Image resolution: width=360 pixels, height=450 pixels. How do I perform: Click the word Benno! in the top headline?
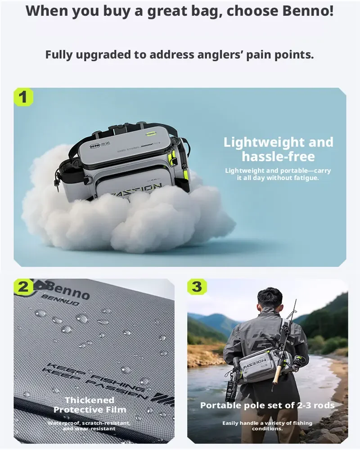tap(308, 11)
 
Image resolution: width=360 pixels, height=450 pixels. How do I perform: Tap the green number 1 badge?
tap(23, 97)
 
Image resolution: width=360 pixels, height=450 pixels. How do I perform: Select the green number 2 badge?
tap(23, 287)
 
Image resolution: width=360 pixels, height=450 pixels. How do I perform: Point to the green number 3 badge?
tap(197, 286)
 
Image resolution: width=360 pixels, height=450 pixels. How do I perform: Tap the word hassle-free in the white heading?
tap(278, 157)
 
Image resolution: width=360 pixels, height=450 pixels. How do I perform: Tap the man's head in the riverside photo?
tap(270, 299)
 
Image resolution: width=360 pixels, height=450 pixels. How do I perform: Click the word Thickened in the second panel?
tap(90, 400)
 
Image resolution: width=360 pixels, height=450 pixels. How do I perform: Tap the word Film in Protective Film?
tap(117, 409)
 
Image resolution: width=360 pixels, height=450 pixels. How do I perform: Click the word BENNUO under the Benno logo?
tap(60, 300)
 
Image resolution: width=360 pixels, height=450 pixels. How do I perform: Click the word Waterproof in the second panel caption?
tap(63, 423)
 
